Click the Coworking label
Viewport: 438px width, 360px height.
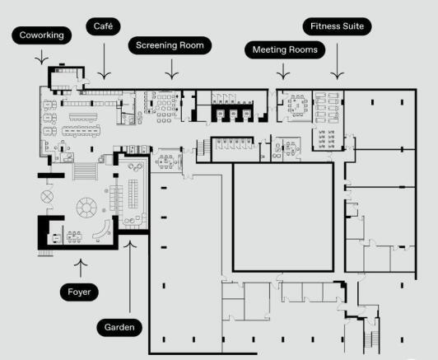(x=42, y=35)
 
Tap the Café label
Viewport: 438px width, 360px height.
(x=104, y=26)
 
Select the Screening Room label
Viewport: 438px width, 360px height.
(x=170, y=45)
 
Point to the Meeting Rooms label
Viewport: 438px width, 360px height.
(x=285, y=49)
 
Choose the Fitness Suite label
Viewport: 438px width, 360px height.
(x=338, y=26)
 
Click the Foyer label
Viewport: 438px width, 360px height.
(x=79, y=292)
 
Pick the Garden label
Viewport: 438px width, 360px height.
(x=119, y=327)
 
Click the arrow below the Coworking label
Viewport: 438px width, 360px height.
(x=42, y=57)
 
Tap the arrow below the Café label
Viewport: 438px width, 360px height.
(x=105, y=61)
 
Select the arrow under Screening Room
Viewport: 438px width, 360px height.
(x=171, y=69)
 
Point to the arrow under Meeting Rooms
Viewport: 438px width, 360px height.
(x=283, y=72)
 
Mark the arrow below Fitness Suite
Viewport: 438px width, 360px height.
(x=338, y=62)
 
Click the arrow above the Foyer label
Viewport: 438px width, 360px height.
(x=81, y=268)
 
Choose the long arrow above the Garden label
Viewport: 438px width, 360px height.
(x=130, y=277)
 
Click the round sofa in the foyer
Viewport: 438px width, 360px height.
(x=86, y=208)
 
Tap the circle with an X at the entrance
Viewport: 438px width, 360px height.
(x=47, y=196)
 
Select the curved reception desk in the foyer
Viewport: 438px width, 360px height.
(x=103, y=230)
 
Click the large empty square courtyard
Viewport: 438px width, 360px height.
(x=283, y=217)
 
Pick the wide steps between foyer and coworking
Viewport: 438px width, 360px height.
(x=85, y=171)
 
